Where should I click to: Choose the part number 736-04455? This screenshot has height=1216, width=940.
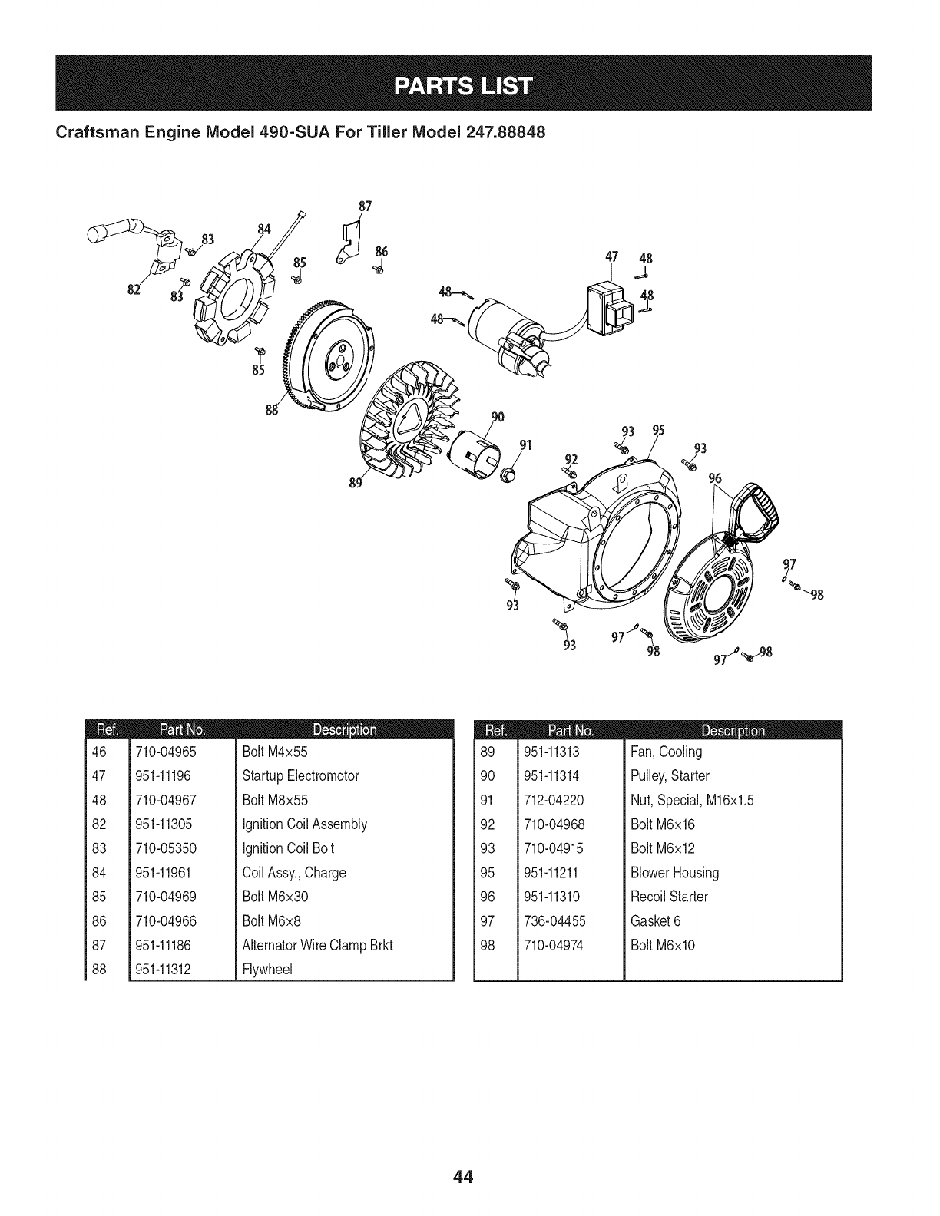point(551,920)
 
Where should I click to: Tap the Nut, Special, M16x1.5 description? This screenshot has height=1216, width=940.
point(692,800)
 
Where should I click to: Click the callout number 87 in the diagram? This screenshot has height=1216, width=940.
point(366,207)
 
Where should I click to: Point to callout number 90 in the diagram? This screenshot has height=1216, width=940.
point(497,418)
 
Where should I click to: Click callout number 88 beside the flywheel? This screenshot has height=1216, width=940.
point(270,408)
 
